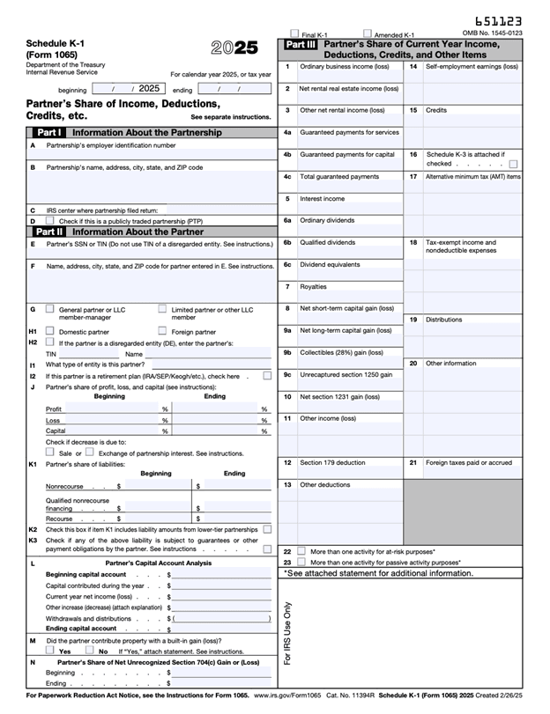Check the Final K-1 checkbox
295,34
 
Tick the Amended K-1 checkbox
368,34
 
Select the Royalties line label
313,286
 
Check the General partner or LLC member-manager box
49,309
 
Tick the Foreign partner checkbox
162,331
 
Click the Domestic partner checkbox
49,331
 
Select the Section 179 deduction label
332,462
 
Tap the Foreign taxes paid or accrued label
468,462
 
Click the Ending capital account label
81,629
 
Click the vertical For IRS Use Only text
287,632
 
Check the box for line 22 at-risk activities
301,551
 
